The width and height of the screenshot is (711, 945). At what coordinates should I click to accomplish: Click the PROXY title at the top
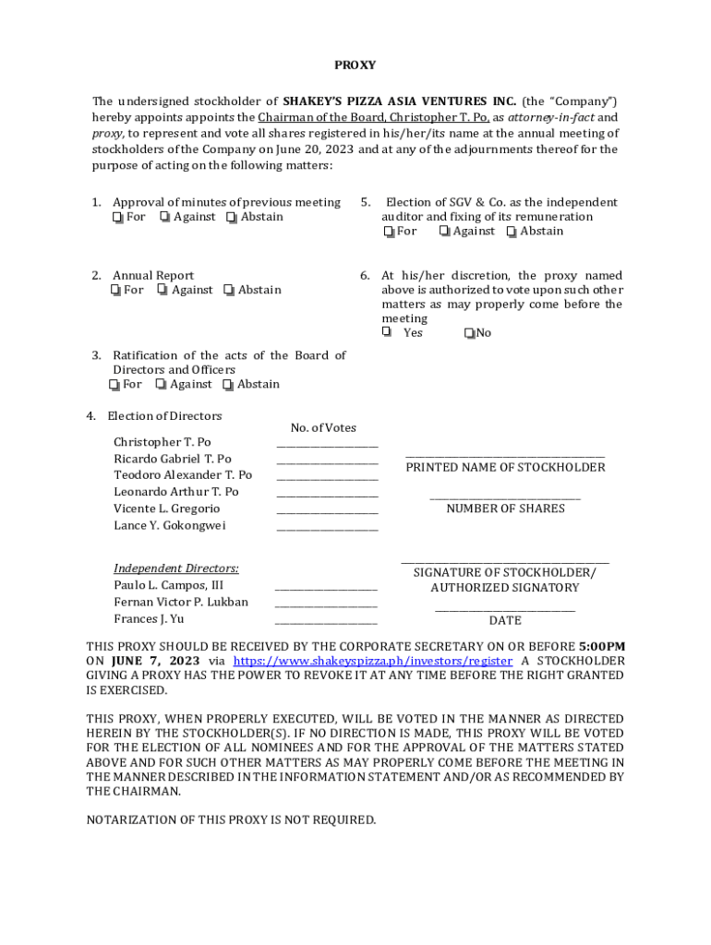tap(355, 66)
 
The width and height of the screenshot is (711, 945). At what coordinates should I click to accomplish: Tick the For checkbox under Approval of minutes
tap(117, 218)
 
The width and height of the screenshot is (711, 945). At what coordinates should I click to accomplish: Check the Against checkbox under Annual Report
tap(163, 291)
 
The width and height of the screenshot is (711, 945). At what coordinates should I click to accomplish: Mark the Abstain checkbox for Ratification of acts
tap(227, 385)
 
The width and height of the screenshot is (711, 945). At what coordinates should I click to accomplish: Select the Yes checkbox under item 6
tap(387, 332)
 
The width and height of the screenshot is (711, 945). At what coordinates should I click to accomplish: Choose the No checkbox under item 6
tap(470, 333)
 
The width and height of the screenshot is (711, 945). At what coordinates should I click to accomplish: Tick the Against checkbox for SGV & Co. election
tap(444, 232)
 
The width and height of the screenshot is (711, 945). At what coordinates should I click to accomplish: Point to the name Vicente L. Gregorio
tap(167, 509)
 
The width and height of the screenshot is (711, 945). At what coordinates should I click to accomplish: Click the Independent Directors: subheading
tap(176, 568)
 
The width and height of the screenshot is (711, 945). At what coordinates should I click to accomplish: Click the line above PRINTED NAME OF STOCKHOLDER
tap(505, 456)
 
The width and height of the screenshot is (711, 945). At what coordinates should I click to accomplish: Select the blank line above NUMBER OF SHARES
tap(505, 498)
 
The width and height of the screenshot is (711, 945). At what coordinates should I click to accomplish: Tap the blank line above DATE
tap(505, 609)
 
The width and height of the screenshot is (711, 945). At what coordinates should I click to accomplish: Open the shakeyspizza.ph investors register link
tap(372, 662)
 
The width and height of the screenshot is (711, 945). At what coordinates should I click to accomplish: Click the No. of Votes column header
tap(323, 428)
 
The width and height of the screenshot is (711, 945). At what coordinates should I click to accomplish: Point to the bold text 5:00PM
tap(602, 647)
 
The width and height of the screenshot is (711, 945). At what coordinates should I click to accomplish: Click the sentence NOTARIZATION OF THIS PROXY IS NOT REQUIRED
tap(231, 820)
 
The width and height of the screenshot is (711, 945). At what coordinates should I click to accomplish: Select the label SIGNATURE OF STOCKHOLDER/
tap(505, 573)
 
